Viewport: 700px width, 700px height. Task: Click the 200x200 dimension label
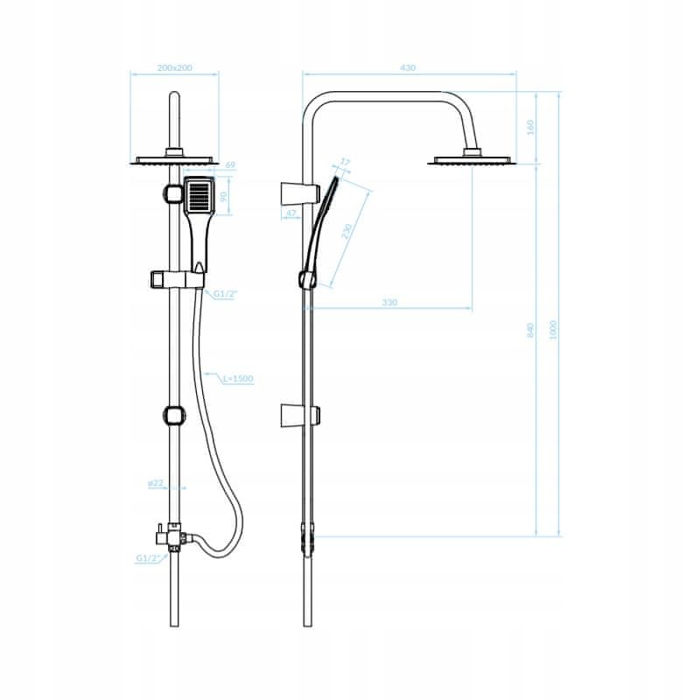(x=174, y=68)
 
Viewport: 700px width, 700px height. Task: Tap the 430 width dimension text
(x=408, y=68)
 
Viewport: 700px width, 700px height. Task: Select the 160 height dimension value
(x=530, y=127)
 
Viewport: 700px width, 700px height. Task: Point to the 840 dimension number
(x=530, y=330)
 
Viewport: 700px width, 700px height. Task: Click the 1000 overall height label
(x=553, y=330)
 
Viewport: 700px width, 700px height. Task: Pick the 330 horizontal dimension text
(x=389, y=303)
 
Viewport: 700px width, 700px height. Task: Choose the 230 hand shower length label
(x=346, y=231)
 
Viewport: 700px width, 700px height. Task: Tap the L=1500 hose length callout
(x=237, y=379)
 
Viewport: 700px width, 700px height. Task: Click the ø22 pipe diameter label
(x=156, y=483)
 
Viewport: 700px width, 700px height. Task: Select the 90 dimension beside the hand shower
(x=224, y=196)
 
